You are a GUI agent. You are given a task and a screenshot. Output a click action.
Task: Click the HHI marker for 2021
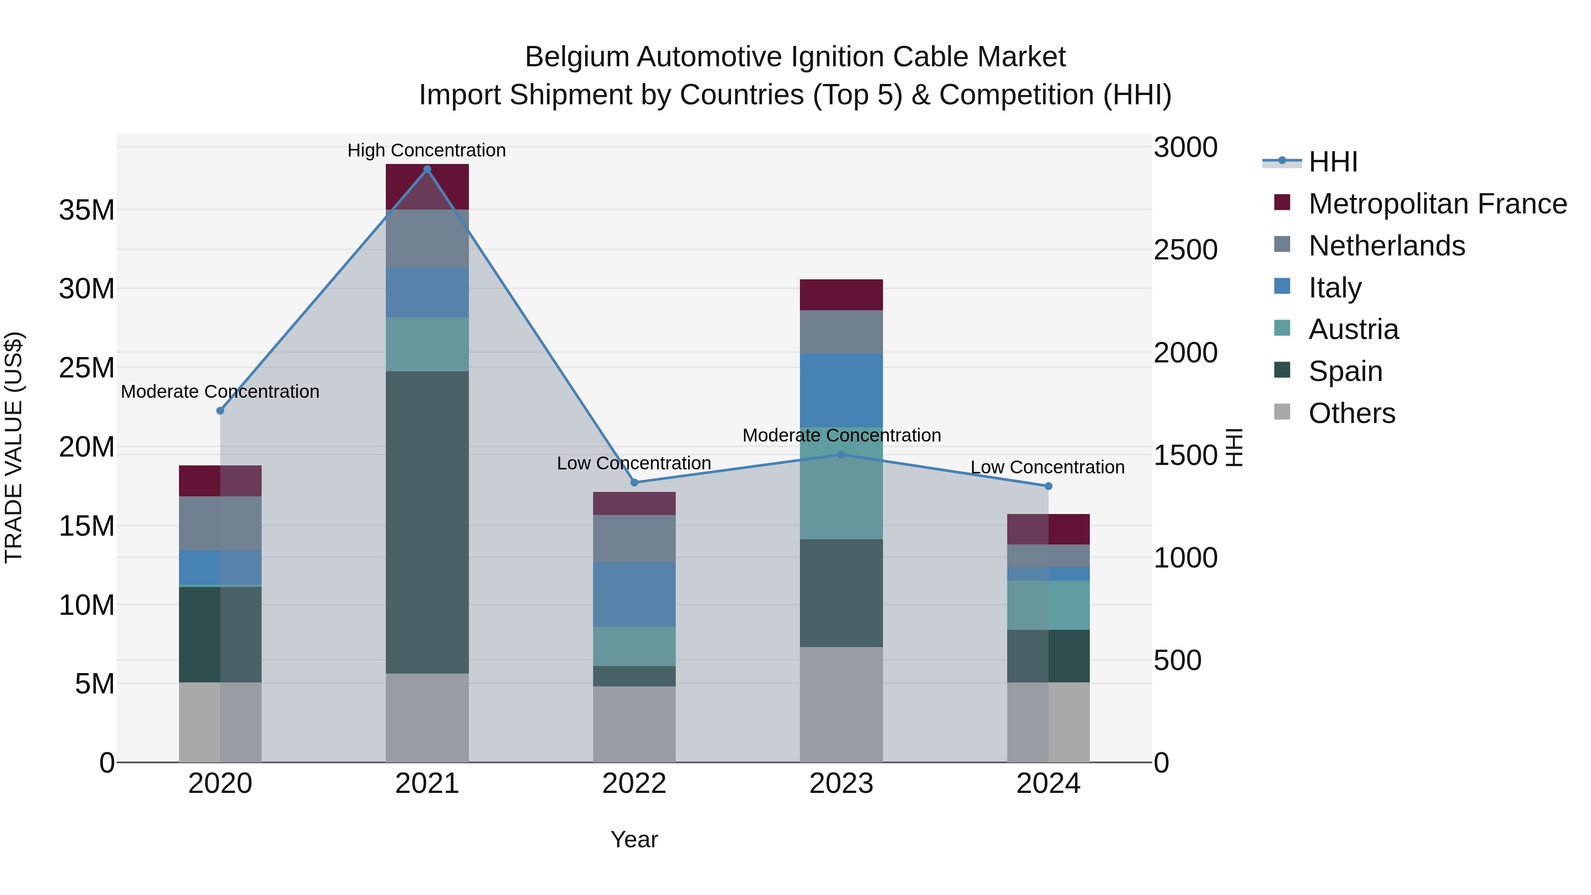(x=427, y=169)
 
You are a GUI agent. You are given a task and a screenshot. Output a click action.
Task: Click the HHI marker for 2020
(x=221, y=411)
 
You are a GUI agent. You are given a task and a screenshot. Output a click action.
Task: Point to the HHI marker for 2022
(x=634, y=482)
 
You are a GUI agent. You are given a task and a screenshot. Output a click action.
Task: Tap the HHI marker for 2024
(x=1048, y=486)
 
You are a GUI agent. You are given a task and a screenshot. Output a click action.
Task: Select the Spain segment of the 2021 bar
(x=427, y=522)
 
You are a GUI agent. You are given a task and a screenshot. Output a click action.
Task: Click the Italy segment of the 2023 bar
(x=841, y=390)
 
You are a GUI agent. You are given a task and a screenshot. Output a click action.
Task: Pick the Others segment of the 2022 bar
(x=634, y=724)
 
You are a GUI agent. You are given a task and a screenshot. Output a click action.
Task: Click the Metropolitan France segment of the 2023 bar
(x=841, y=295)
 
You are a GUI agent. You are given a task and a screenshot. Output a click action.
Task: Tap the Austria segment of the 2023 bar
(x=841, y=483)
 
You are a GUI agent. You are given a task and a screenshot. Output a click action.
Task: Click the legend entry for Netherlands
(x=1386, y=246)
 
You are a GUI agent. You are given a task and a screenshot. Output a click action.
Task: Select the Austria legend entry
(x=1353, y=329)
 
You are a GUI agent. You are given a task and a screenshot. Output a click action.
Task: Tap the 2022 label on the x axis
(x=634, y=784)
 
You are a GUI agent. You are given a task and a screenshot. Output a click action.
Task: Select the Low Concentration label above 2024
(x=1047, y=467)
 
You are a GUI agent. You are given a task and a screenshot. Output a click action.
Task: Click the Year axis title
(x=634, y=839)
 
